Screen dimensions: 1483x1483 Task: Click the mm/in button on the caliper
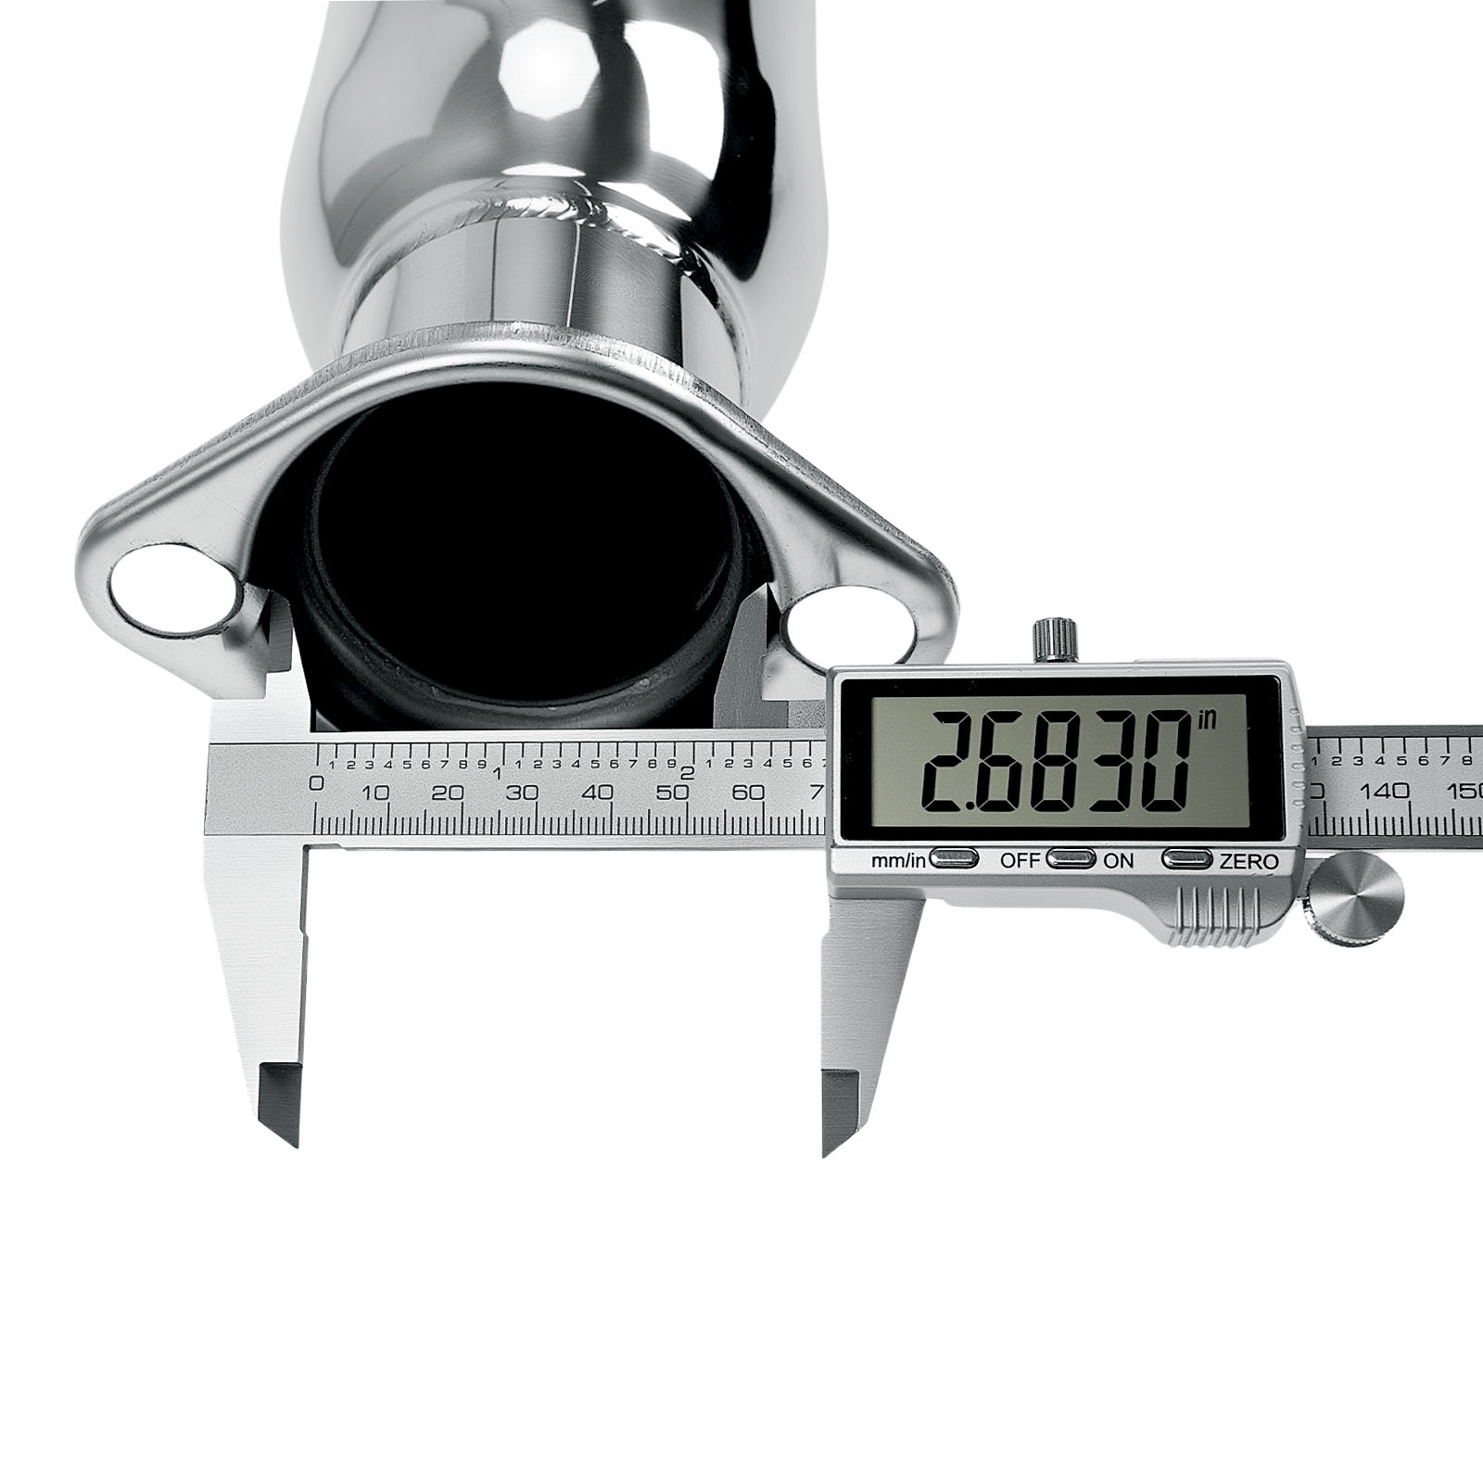coord(955,859)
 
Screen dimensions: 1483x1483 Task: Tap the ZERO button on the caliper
coord(1189,859)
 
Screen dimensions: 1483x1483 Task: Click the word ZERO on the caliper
coord(1249,861)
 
